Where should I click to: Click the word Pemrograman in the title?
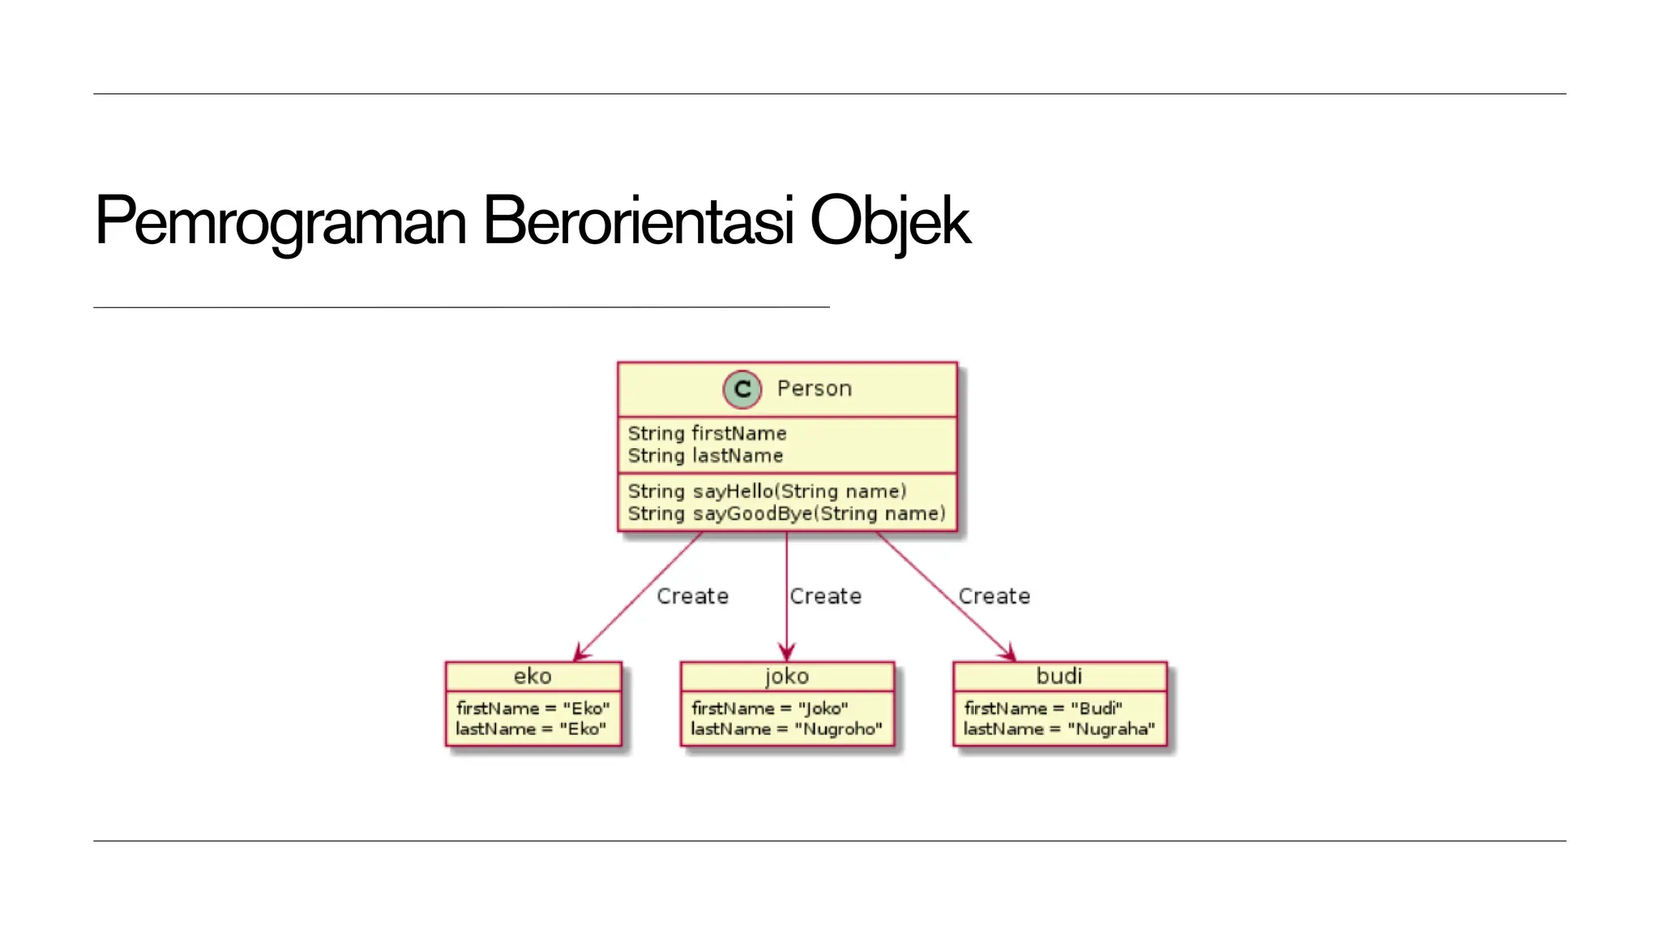coord(280,221)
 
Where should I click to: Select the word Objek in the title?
coord(889,221)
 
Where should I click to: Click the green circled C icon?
coord(742,389)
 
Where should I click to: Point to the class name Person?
coord(814,389)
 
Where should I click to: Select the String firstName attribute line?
coord(707,434)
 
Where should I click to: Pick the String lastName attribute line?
coord(705,456)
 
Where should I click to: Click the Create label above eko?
coord(692,597)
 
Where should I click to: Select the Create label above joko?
coord(825,597)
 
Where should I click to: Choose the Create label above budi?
coord(994,597)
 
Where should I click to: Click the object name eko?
coord(533,676)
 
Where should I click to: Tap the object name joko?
coord(786,676)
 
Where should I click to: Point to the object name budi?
coord(1059,676)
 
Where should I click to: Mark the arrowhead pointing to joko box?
coord(786,653)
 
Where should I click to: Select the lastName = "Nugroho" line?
coord(786,730)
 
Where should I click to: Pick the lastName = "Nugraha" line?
coord(1059,730)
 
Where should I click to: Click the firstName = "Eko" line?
coord(533,709)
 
